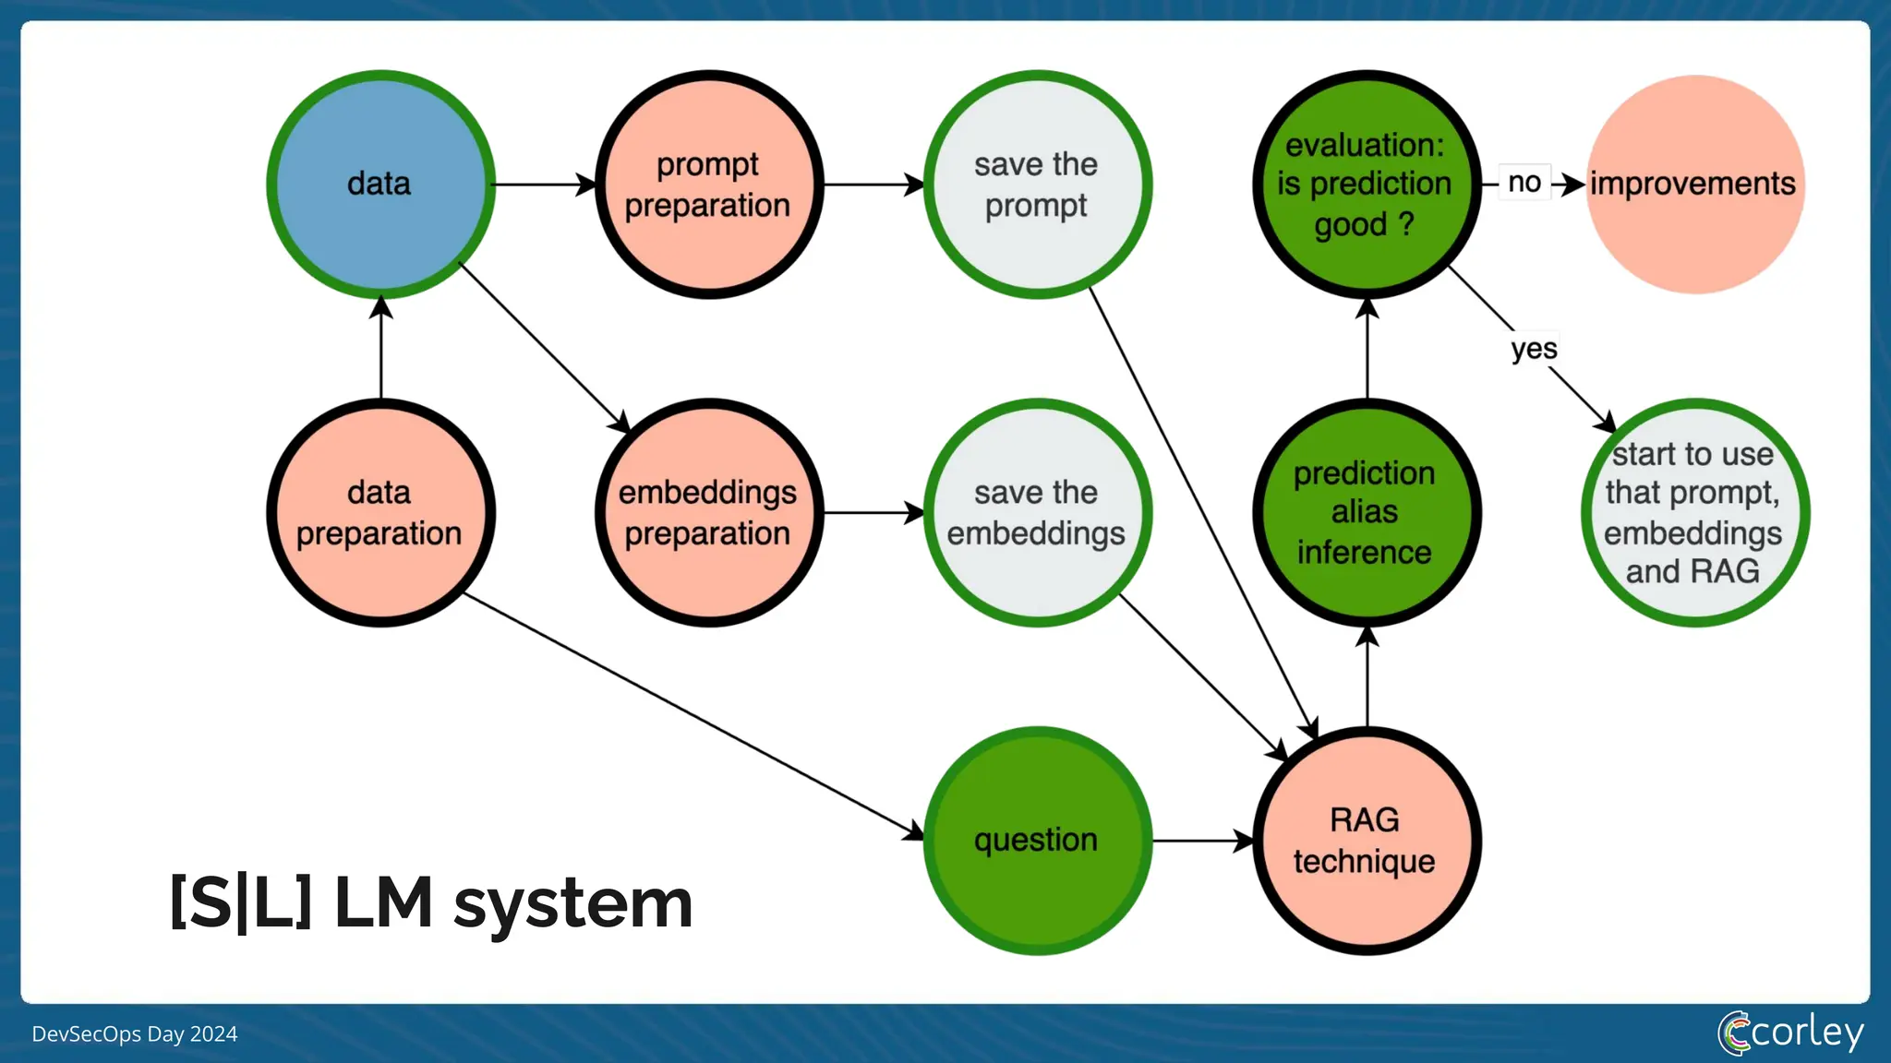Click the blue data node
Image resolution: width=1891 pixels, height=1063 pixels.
380,185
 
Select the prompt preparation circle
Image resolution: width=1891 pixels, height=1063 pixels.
708,185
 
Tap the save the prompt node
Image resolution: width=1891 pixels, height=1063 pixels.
1037,185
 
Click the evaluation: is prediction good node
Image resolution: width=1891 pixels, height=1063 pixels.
1366,185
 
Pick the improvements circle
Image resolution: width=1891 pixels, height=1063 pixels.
1693,185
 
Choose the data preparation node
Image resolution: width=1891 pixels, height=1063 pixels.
380,513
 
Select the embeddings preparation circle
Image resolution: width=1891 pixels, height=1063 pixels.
708,513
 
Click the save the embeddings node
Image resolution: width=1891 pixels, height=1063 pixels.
1037,513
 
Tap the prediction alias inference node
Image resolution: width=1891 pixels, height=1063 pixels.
1366,513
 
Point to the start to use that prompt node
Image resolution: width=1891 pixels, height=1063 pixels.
1693,513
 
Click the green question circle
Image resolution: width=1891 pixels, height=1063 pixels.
1037,841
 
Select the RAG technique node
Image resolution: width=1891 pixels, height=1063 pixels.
1366,841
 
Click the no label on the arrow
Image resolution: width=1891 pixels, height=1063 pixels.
1524,183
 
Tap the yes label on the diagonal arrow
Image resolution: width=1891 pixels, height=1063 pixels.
1534,349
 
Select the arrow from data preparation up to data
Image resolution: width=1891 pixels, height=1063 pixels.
380,351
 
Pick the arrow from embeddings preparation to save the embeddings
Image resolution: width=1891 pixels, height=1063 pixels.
873,513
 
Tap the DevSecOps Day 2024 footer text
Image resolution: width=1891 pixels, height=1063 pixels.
135,1033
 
